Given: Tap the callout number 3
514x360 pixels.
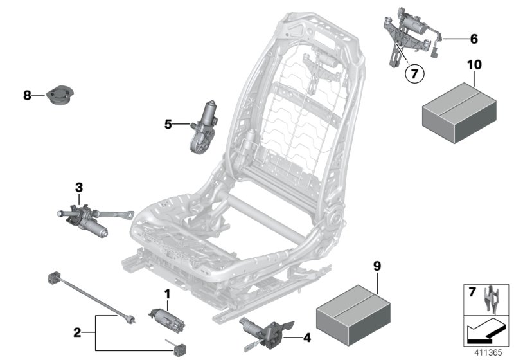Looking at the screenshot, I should coord(79,188).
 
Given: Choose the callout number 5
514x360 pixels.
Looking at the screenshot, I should coord(168,123).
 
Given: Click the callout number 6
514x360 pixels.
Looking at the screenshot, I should coord(474,39).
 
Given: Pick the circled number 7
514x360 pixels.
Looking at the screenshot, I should coord(414,75).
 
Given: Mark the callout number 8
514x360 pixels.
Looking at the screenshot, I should coord(27,96).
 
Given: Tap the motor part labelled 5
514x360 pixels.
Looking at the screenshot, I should coord(205,126).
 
